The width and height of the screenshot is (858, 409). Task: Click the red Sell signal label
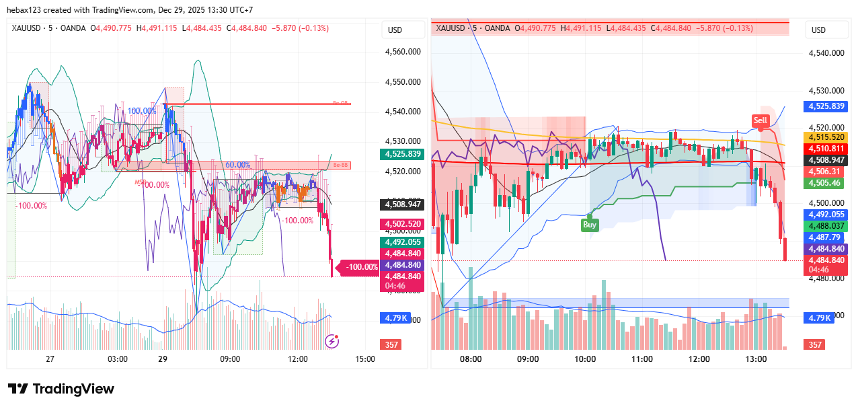pyautogui.click(x=760, y=120)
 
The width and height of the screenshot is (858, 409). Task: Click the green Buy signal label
pyautogui.click(x=590, y=225)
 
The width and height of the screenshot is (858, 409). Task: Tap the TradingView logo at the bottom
pyautogui.click(x=61, y=389)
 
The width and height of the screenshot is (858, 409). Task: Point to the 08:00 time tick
pyautogui.click(x=471, y=359)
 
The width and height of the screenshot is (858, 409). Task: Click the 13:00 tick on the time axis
pyautogui.click(x=756, y=359)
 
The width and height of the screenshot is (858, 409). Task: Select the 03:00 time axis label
pyautogui.click(x=118, y=359)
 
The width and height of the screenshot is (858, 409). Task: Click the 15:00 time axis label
pyautogui.click(x=365, y=359)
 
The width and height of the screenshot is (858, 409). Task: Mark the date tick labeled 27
pyautogui.click(x=50, y=359)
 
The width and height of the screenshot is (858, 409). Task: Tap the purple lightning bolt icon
pyautogui.click(x=331, y=341)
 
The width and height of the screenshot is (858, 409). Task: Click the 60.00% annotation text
pyautogui.click(x=238, y=165)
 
